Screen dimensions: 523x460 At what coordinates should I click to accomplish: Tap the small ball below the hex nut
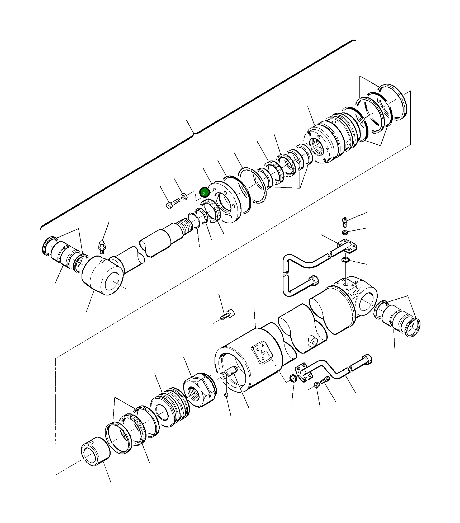click(x=226, y=402)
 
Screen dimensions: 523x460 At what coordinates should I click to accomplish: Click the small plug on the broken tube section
click(x=312, y=342)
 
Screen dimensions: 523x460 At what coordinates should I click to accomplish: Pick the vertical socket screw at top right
click(x=345, y=222)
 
